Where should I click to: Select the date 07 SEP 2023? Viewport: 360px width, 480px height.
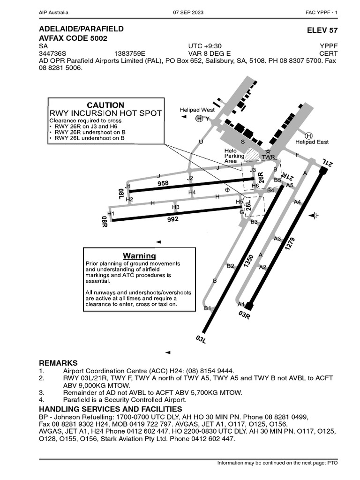190,12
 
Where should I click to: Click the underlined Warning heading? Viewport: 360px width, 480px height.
139,256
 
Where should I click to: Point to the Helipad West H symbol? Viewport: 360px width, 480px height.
200,119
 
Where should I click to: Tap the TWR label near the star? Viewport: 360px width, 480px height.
268,157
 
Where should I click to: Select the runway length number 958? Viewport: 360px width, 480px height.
163,184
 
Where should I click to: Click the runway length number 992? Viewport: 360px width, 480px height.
173,217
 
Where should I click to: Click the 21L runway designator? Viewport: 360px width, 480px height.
327,164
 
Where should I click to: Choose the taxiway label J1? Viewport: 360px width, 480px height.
127,187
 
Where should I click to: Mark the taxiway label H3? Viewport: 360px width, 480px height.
176,207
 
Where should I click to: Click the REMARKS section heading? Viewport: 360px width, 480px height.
58,363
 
